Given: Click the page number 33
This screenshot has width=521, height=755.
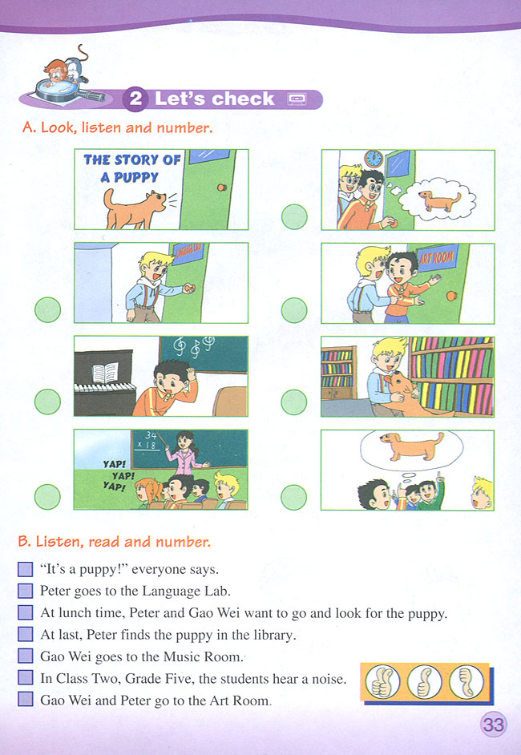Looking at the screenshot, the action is click(493, 725).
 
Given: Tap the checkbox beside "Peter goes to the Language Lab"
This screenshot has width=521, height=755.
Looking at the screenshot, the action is click(26, 591).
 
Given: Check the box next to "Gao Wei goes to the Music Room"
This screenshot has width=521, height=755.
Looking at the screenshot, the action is click(26, 656).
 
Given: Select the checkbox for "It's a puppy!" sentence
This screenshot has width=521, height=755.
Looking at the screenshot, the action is click(26, 569).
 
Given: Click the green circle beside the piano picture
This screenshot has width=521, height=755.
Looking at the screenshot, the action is click(47, 402).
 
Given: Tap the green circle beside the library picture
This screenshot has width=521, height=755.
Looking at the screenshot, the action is click(294, 402).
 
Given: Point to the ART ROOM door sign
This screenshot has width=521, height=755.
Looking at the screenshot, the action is click(437, 257).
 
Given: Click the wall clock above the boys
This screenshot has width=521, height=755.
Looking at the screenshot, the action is click(374, 159).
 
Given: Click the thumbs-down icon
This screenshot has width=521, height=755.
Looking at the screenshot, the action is click(466, 682).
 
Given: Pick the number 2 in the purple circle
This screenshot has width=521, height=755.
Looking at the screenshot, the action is click(135, 99).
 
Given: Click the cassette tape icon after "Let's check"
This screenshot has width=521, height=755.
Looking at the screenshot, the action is click(296, 99).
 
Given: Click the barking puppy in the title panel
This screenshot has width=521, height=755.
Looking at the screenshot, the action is click(137, 208).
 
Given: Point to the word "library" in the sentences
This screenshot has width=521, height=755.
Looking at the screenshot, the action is click(272, 635).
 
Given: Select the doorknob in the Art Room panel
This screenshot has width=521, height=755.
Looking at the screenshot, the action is click(451, 295).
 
